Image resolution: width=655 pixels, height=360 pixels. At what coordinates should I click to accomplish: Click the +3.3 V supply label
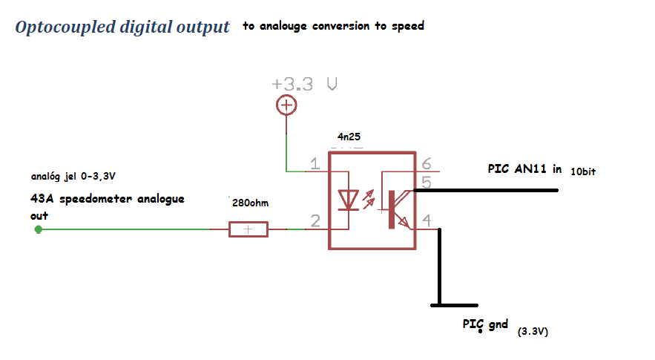point(306,84)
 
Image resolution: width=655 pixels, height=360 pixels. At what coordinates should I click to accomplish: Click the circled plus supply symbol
point(286,106)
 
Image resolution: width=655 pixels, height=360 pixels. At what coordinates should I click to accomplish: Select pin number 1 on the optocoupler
point(316,164)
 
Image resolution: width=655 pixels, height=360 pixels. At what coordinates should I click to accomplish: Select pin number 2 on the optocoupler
point(316,220)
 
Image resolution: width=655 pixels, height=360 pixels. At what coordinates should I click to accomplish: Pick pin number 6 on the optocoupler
point(426,164)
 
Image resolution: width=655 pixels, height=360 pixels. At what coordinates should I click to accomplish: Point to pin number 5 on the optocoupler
point(426,180)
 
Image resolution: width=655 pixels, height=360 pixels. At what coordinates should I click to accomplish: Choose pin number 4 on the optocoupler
point(426,220)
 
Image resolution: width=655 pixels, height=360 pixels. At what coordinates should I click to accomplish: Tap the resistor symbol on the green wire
point(248,229)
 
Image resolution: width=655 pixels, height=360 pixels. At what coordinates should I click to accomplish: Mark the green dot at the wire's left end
point(39,229)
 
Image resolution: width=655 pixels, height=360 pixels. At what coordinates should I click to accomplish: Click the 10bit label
point(583,171)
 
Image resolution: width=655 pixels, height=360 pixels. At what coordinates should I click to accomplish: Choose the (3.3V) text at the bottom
point(533,333)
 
